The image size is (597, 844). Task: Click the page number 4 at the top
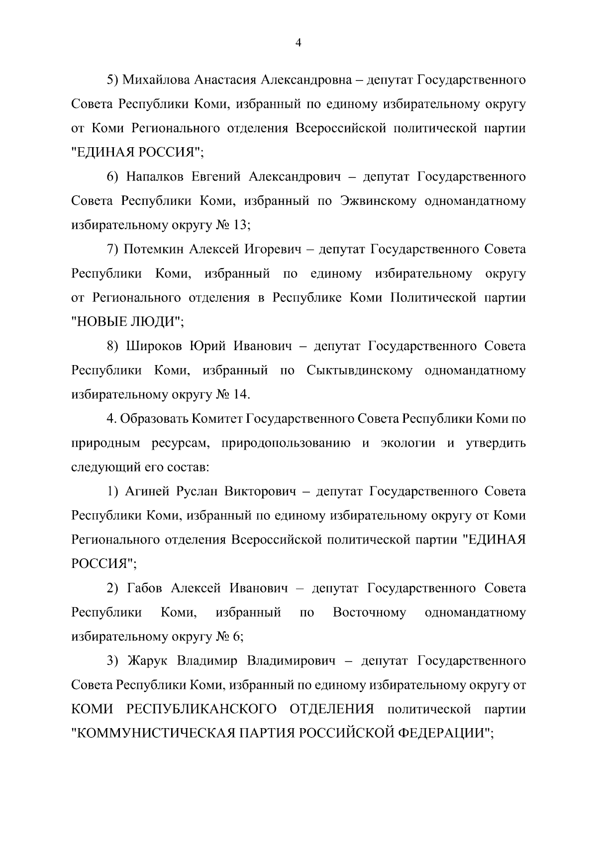pyautogui.click(x=298, y=43)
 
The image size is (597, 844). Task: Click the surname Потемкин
pyautogui.click(x=152, y=249)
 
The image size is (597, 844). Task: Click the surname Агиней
pyautogui.click(x=146, y=491)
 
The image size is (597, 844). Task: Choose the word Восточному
pyautogui.click(x=369, y=612)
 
